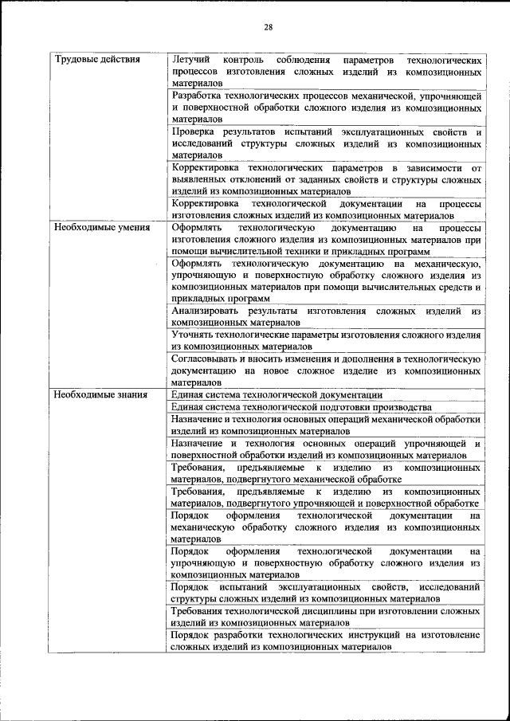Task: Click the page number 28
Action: [269, 28]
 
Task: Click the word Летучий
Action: [190, 61]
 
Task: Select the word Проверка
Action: [196, 132]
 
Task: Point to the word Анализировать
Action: [209, 311]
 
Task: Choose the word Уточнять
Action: [196, 335]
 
